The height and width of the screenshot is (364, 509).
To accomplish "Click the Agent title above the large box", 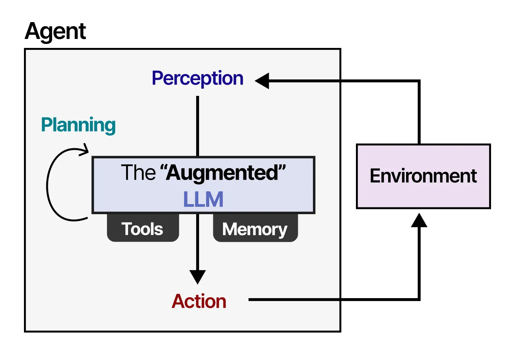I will [x=55, y=31].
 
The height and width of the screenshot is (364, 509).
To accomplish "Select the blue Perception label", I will [x=197, y=79].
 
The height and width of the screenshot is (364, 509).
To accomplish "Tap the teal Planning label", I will [x=78, y=125].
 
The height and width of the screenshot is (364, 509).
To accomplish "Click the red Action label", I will [x=199, y=301].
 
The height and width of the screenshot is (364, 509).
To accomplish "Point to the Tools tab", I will [x=143, y=229].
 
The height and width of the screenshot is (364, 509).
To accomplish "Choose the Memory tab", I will [x=255, y=229].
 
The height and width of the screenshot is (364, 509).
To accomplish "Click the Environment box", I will [x=423, y=176].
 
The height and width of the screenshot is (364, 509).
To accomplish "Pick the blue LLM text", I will [x=203, y=199].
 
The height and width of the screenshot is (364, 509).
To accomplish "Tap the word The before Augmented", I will [x=138, y=173].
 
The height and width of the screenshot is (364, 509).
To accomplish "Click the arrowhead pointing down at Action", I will [x=198, y=277].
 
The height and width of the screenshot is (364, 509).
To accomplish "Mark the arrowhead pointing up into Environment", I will [x=419, y=220].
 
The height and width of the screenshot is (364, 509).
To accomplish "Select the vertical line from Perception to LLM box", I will [x=198, y=125].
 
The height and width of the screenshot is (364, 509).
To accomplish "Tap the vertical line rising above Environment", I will [x=419, y=112].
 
